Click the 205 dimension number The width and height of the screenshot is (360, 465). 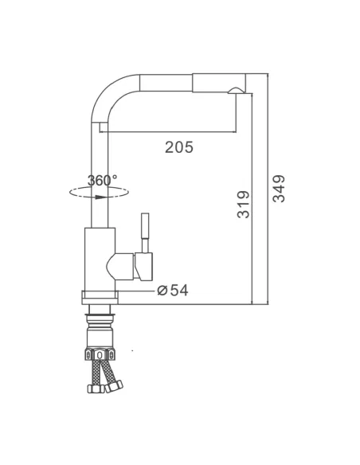pos(179,147)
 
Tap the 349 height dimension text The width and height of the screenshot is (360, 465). pos(279,189)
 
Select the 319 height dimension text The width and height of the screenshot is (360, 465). pos(244,205)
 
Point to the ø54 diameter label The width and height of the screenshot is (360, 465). pos(173,291)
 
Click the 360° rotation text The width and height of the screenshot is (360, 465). pos(102,180)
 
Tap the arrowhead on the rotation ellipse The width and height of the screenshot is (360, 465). pos(101,197)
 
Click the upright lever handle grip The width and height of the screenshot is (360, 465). pos(145,225)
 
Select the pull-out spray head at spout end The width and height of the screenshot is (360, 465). pos(219,83)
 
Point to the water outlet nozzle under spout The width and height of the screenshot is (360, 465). pos(235,91)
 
